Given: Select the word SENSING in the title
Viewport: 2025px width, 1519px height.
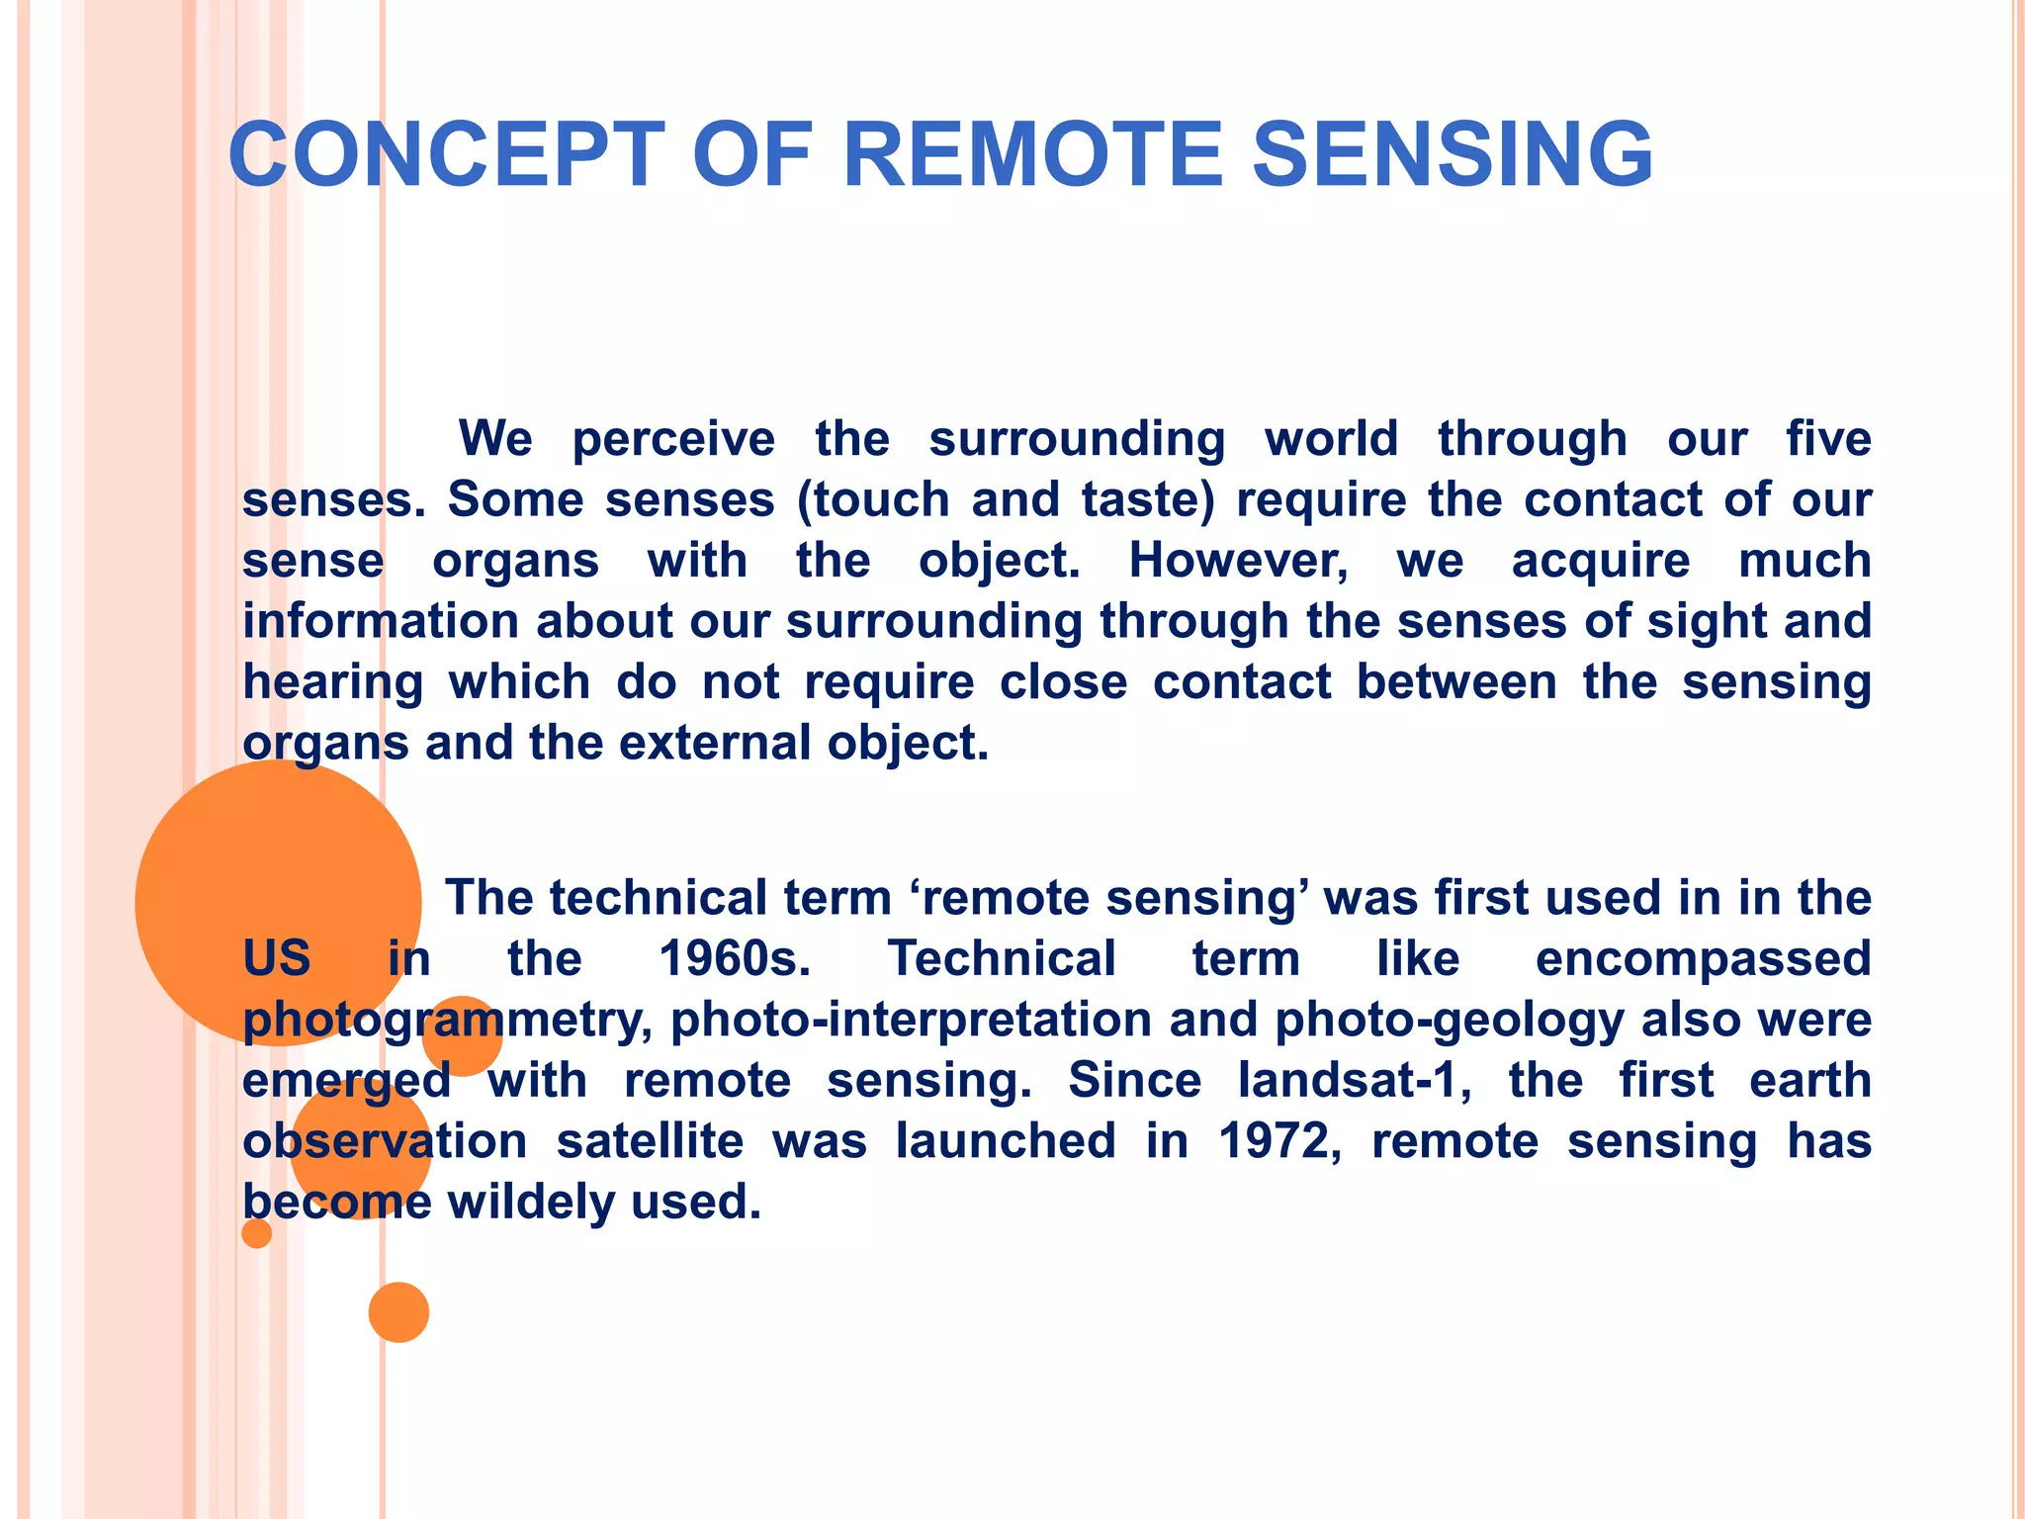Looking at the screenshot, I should coord(1453,154).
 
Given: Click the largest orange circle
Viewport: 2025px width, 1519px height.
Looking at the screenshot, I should coord(278,902).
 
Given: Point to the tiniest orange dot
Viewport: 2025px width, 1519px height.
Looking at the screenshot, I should coord(257,1233).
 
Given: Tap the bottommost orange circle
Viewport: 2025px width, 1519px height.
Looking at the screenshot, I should coord(398,1311).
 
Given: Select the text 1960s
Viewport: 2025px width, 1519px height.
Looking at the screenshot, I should coord(735,958).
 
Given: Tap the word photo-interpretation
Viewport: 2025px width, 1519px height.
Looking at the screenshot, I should coord(911,1020).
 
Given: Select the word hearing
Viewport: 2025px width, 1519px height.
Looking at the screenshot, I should coord(333,682).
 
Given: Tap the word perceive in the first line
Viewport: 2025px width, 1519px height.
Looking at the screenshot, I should coord(673,439).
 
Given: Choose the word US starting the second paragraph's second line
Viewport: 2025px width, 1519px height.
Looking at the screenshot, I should coord(277,958).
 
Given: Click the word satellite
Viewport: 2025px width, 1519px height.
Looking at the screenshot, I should coord(650,1141).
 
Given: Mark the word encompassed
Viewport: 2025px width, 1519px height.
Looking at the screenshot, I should coord(1703,958).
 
